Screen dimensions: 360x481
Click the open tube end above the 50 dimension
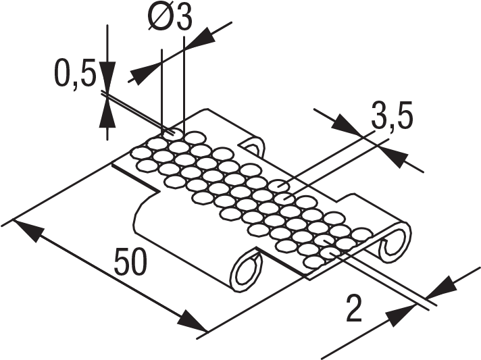[x=244, y=272]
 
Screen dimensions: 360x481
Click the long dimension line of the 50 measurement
[x=108, y=275]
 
